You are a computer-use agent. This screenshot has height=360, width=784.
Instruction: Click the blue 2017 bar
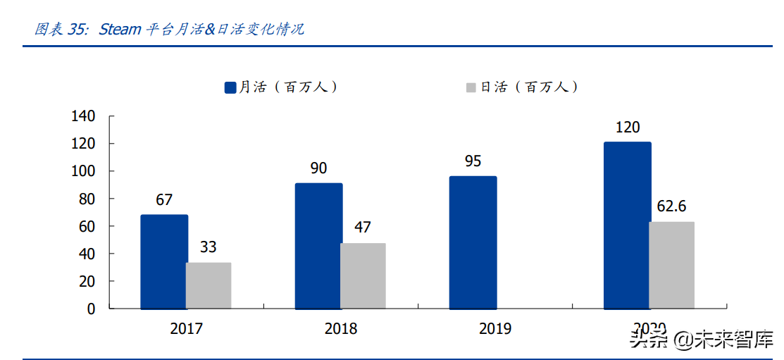(164, 261)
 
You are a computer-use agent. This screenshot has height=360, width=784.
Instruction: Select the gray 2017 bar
(209, 285)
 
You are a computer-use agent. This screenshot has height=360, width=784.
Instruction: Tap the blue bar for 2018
(318, 246)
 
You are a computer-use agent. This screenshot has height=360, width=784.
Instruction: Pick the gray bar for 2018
(363, 276)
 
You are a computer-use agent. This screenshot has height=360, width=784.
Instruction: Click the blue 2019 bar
(473, 242)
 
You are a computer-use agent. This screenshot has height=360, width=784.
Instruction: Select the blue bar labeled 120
(628, 225)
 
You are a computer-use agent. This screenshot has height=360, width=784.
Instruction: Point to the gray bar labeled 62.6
(671, 265)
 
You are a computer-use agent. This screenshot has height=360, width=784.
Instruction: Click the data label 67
(164, 200)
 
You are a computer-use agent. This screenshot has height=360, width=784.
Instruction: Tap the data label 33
(208, 247)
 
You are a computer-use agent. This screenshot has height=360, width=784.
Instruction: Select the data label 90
(318, 168)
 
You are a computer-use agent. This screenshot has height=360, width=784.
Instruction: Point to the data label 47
(363, 228)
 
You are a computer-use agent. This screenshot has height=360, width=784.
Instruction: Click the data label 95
(473, 161)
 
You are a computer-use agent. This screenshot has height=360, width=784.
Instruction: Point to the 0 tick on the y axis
(90, 309)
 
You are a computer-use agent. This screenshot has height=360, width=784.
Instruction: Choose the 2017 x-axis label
(186, 329)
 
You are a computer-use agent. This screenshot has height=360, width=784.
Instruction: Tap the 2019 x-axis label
(494, 329)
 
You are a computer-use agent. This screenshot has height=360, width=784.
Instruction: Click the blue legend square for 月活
(230, 87)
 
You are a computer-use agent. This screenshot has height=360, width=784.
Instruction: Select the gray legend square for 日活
(471, 87)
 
